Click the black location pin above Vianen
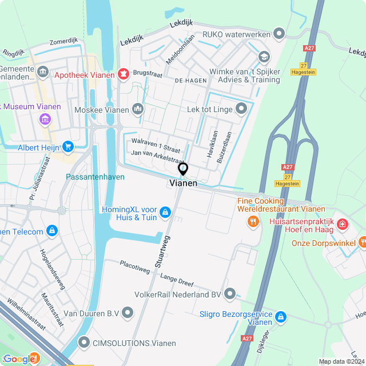click(183, 169)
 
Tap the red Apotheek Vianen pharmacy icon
click(122, 74)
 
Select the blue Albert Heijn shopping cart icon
click(69, 147)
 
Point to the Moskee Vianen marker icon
click(137, 108)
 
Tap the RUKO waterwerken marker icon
click(279, 34)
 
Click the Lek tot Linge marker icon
click(241, 108)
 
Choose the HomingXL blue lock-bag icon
click(165, 213)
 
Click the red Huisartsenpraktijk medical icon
click(342, 224)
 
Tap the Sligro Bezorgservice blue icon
click(280, 316)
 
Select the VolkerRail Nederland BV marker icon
click(230, 295)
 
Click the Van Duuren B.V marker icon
click(127, 313)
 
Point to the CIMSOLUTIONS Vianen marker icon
click(83, 343)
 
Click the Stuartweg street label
click(164, 249)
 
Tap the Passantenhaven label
click(95, 177)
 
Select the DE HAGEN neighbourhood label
click(186, 81)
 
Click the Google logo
click(19, 359)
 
